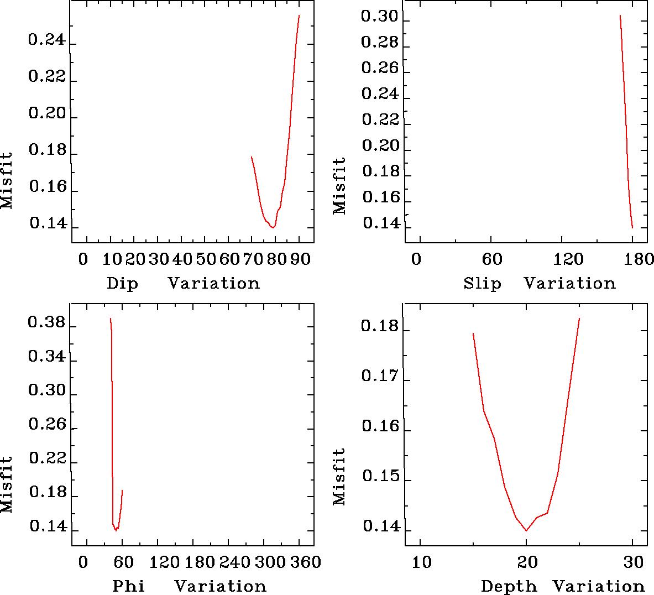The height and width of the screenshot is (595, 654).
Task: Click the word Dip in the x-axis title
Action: (122, 284)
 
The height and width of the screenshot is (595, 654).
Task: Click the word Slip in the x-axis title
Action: (482, 284)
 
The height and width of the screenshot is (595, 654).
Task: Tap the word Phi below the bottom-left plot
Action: (128, 586)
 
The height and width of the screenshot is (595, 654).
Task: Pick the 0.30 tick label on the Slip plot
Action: (380, 17)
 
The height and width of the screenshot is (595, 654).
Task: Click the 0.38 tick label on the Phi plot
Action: (47, 323)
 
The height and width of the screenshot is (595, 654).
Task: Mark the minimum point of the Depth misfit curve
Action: (526, 530)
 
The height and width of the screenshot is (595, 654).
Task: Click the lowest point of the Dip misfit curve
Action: (273, 227)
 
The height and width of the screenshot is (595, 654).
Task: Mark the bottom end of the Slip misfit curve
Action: (632, 227)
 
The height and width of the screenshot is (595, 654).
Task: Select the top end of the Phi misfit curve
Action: (111, 319)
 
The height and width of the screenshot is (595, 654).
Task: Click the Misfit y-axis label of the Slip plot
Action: (339, 186)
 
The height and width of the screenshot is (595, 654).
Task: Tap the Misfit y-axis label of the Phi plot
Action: (7, 484)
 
